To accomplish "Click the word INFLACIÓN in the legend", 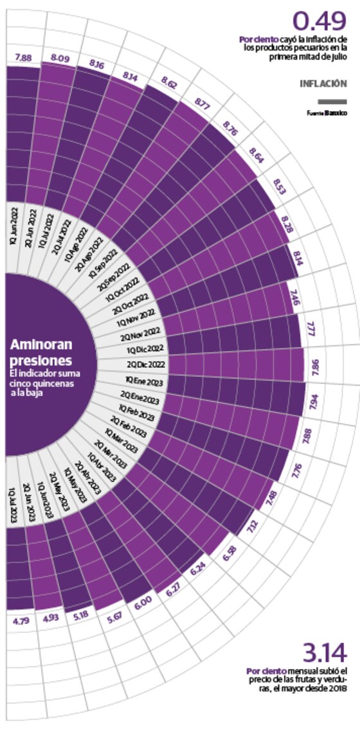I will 323,84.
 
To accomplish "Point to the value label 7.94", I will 313,406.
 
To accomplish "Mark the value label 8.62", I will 169,84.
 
